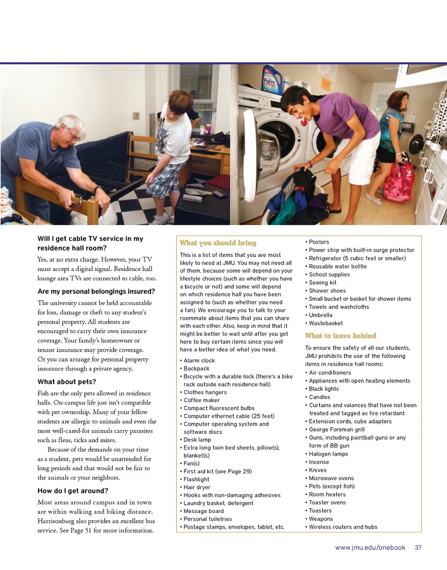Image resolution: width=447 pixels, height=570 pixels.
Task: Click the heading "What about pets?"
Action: click(67, 382)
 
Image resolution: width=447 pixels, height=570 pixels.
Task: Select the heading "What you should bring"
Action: click(218, 243)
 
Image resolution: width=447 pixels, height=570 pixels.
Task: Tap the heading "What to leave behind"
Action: click(340, 336)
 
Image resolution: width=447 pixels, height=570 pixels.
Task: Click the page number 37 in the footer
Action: click(418, 548)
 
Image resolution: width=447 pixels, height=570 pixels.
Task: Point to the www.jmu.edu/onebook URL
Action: click(370, 548)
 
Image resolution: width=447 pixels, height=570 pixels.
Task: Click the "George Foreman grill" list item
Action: click(337, 430)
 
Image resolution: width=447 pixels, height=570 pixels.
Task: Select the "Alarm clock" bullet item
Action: click(199, 360)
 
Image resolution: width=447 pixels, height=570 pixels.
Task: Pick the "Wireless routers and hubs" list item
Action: click(343, 527)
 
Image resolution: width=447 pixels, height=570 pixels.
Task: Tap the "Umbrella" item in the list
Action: click(320, 315)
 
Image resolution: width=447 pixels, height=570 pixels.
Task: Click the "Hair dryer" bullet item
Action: click(196, 487)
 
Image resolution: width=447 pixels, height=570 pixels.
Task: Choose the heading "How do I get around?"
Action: click(73, 490)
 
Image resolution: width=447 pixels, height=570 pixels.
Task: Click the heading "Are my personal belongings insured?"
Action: click(96, 292)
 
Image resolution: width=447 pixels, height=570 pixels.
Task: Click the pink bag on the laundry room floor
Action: click(398, 181)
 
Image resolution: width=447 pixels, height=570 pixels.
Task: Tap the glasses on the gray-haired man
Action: click(74, 135)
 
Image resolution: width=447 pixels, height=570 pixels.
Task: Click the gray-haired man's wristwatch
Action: click(97, 189)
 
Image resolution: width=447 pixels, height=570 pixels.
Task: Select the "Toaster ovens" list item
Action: click(327, 503)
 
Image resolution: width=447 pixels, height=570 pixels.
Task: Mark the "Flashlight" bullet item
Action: click(196, 479)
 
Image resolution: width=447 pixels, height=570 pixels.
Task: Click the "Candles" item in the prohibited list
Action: click(319, 397)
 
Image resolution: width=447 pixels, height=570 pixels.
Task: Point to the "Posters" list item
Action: click(318, 242)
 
